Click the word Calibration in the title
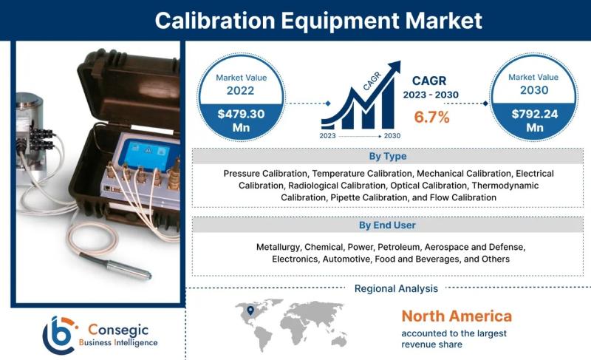(x=215, y=21)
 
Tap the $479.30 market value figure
(x=241, y=114)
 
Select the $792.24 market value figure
(x=534, y=114)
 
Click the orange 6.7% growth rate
(x=431, y=117)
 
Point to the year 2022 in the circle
(x=241, y=90)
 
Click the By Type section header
(x=387, y=156)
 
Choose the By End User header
(x=387, y=225)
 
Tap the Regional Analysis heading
(x=396, y=288)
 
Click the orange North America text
(x=457, y=316)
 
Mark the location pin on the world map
(x=250, y=310)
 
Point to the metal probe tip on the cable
(x=129, y=270)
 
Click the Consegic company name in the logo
(x=118, y=330)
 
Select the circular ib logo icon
(x=59, y=335)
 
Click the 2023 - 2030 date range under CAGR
(x=431, y=95)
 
